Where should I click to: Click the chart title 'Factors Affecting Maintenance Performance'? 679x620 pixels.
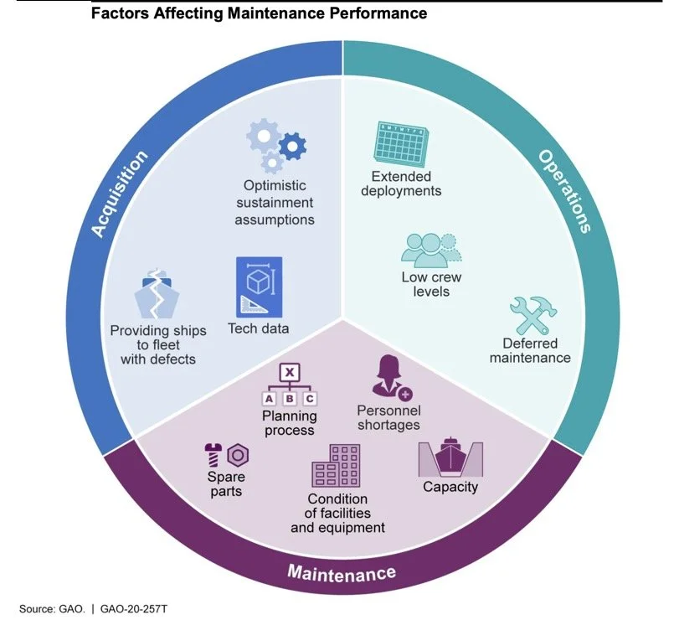click(x=259, y=13)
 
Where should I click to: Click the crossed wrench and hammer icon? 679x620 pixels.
click(x=533, y=314)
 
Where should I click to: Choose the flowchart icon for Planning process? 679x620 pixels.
click(x=288, y=385)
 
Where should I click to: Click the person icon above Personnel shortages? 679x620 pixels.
click(x=389, y=378)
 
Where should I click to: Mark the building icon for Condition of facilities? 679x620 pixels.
click(x=337, y=466)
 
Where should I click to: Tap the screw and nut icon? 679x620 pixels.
click(x=226, y=456)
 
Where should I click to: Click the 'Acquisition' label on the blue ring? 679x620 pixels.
click(x=119, y=193)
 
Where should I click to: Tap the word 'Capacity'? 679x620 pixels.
click(x=450, y=488)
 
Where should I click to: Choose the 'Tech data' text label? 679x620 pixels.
click(x=259, y=328)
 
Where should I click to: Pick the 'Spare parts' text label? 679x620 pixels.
click(x=226, y=484)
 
